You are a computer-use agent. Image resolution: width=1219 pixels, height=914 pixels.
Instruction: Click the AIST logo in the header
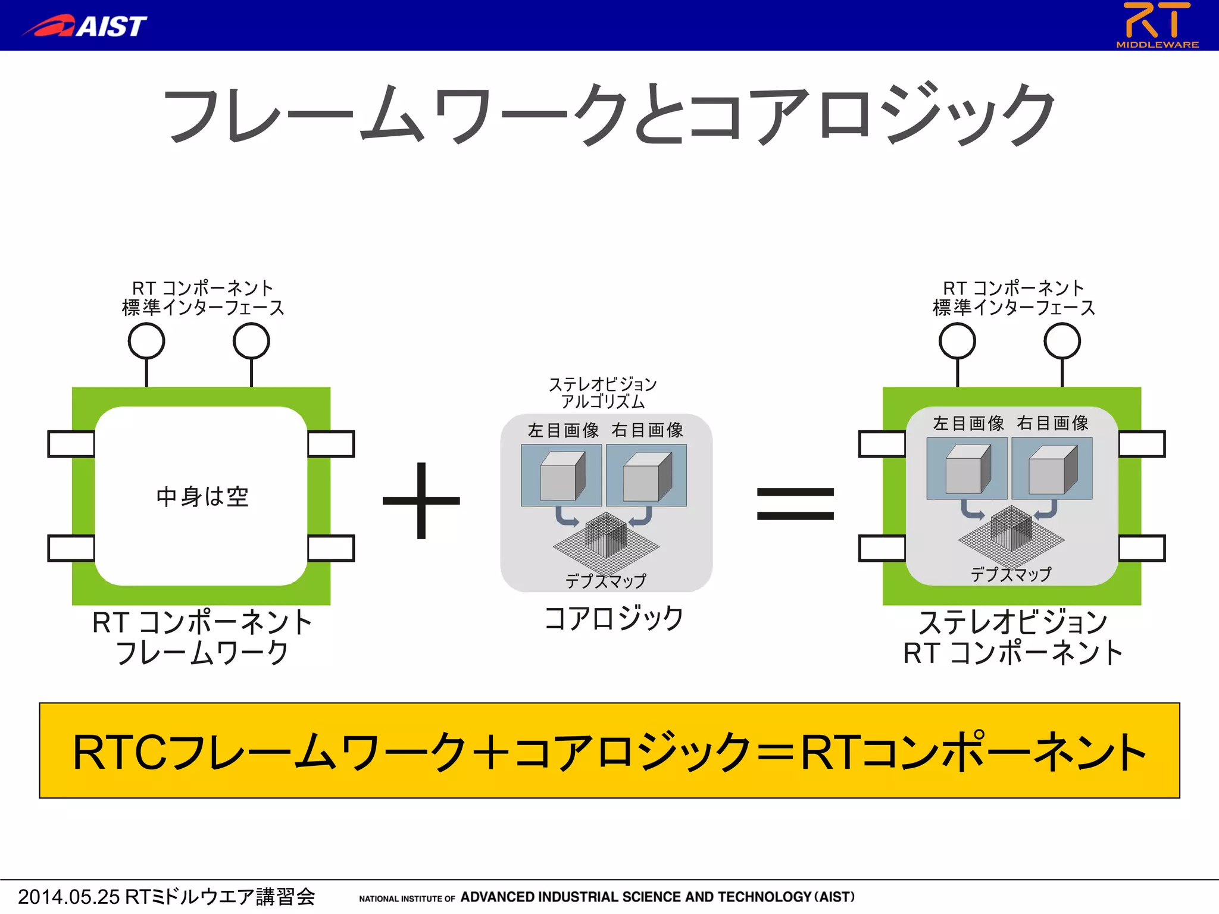click(86, 26)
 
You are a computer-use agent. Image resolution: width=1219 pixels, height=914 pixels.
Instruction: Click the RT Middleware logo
click(1157, 25)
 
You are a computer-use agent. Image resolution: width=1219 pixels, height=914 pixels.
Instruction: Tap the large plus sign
click(421, 500)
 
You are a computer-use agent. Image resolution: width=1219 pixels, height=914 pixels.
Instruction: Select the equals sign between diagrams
click(795, 503)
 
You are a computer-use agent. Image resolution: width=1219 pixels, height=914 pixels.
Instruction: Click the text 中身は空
click(202, 496)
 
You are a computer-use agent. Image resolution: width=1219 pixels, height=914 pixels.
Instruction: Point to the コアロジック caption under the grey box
click(614, 618)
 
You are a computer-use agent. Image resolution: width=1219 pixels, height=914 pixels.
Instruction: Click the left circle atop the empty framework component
click(146, 341)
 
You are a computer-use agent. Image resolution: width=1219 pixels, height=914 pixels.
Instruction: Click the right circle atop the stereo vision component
click(1062, 341)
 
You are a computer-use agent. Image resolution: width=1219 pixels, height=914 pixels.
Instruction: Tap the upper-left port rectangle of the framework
click(71, 444)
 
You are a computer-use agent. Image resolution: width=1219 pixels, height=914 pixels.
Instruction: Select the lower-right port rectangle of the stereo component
click(1142, 548)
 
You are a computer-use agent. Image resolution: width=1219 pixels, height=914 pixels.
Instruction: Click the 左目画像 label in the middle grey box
click(563, 430)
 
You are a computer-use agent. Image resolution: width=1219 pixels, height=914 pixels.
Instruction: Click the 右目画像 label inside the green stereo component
click(1052, 423)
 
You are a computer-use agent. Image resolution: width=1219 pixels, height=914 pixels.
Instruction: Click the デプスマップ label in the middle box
click(605, 581)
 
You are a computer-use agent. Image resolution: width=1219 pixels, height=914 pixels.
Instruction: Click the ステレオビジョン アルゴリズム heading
click(602, 393)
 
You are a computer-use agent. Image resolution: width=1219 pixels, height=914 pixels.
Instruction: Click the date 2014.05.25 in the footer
click(68, 897)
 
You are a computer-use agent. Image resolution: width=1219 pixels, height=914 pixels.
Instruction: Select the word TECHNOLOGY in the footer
click(765, 897)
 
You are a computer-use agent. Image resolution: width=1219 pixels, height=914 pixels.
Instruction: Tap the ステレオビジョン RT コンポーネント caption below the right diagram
click(1012, 637)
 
